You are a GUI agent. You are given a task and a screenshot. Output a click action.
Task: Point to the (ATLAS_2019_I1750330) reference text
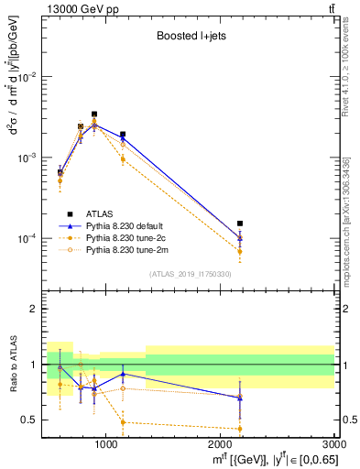coord(189,274)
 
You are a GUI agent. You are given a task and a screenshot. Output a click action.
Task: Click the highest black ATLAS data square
coord(94,115)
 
